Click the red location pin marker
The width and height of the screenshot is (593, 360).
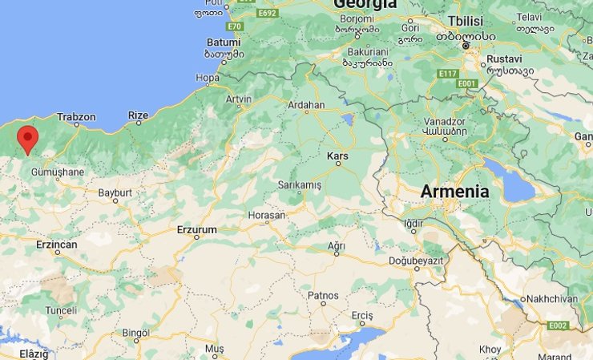click(x=28, y=138)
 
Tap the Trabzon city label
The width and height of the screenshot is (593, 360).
click(x=77, y=117)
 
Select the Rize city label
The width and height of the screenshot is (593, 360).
click(x=138, y=115)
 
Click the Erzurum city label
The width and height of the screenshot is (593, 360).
click(x=196, y=230)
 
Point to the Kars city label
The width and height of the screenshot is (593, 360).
click(x=337, y=155)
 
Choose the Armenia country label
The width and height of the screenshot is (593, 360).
click(x=454, y=192)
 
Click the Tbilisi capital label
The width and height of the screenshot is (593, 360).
click(x=466, y=21)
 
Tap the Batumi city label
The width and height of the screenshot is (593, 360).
click(x=224, y=42)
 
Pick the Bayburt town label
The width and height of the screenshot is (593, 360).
click(x=115, y=193)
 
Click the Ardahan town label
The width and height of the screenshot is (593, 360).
click(x=306, y=105)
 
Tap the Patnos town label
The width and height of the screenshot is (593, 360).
click(x=324, y=296)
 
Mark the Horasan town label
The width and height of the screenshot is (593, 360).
click(x=267, y=216)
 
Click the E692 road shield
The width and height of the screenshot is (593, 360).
click(x=267, y=14)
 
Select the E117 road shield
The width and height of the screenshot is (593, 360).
click(x=447, y=74)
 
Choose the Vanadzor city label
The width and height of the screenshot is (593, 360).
click(x=444, y=122)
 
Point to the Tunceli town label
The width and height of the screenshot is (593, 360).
click(x=61, y=310)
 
